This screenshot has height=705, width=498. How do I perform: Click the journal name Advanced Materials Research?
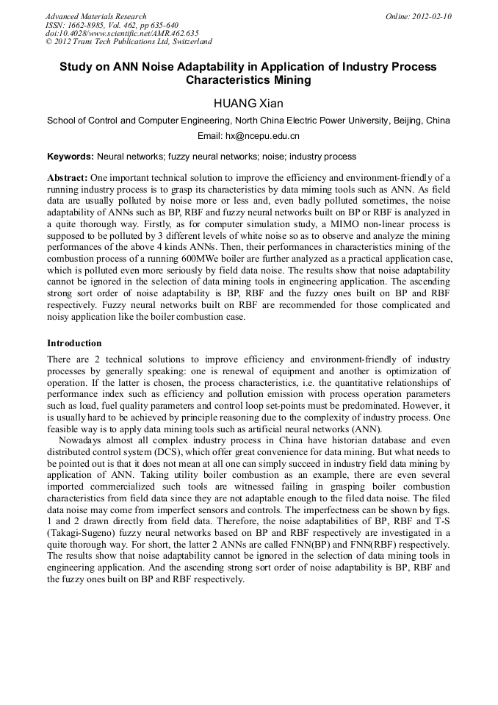coord(95,16)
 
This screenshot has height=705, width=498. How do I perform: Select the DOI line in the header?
coord(122,34)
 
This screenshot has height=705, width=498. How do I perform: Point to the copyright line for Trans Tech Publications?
coord(129,43)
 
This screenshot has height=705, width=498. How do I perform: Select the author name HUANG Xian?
coord(248,103)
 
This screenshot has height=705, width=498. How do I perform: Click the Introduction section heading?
coord(74,343)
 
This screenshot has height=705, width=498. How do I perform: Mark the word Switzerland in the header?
coord(188,43)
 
